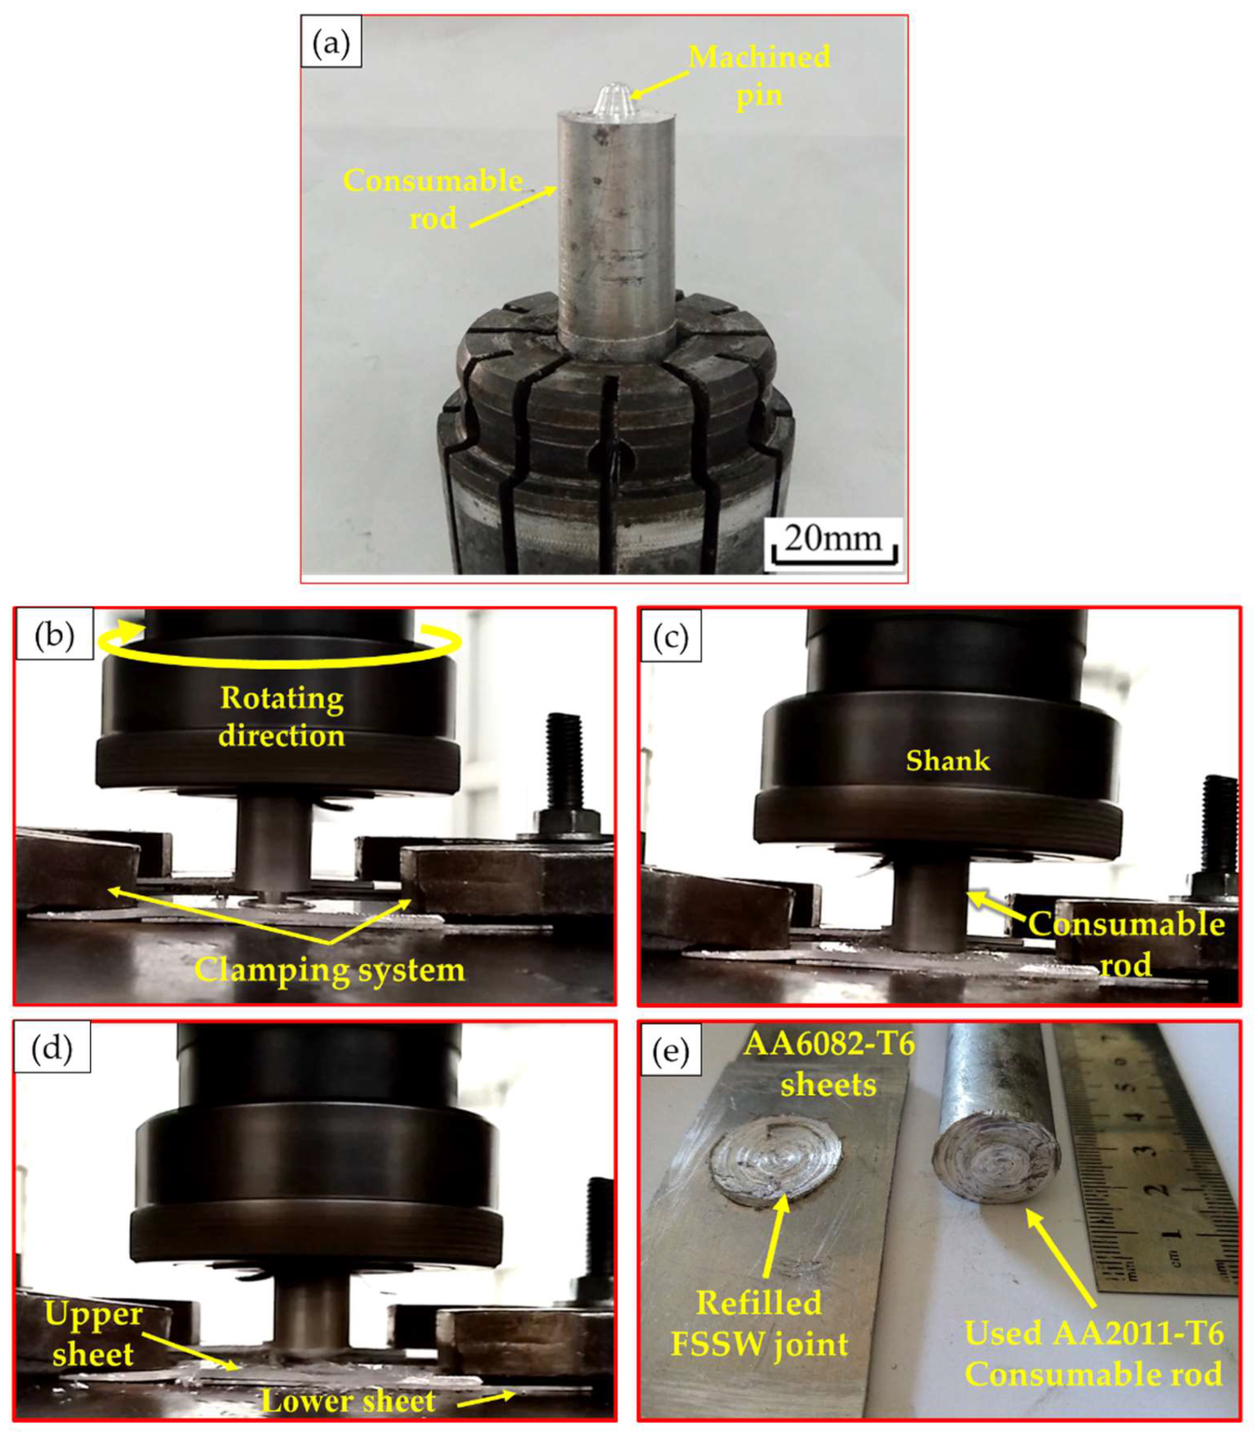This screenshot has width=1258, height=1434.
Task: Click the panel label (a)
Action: coord(331,42)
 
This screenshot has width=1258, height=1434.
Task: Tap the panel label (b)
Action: coord(54,635)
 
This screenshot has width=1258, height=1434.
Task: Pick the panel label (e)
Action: coord(671,1051)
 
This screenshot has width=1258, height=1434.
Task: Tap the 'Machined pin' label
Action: coord(760,75)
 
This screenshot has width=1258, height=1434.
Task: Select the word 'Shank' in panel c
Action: coord(948,761)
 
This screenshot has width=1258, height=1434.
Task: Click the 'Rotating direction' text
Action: coord(281,717)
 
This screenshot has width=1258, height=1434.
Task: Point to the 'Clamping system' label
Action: coord(329,969)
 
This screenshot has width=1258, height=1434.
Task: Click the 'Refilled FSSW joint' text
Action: coord(760,1323)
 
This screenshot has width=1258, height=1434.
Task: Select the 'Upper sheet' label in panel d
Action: coord(92,1333)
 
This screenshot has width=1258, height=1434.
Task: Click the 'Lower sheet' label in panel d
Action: coord(348,1400)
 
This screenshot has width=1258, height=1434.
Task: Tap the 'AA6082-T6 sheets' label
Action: coord(829,1064)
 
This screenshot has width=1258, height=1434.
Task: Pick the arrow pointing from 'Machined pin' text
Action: coord(660,85)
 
